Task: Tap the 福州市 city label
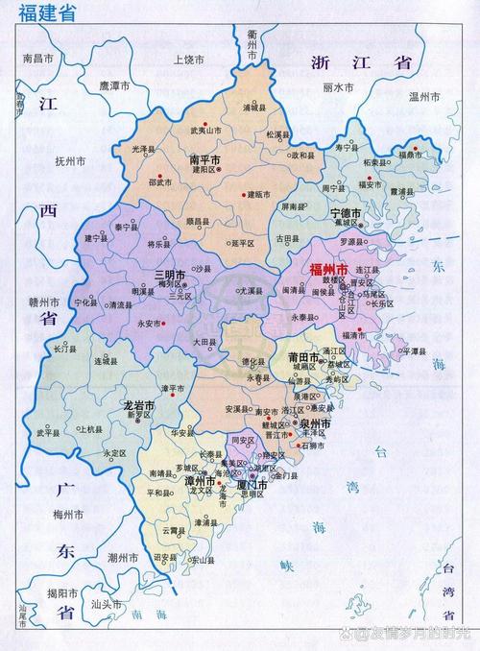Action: (x=329, y=268)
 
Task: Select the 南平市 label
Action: (x=204, y=158)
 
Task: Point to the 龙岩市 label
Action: (x=139, y=407)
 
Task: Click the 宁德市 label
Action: (x=346, y=212)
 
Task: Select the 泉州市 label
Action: (x=314, y=422)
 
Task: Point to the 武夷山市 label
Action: (x=204, y=130)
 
